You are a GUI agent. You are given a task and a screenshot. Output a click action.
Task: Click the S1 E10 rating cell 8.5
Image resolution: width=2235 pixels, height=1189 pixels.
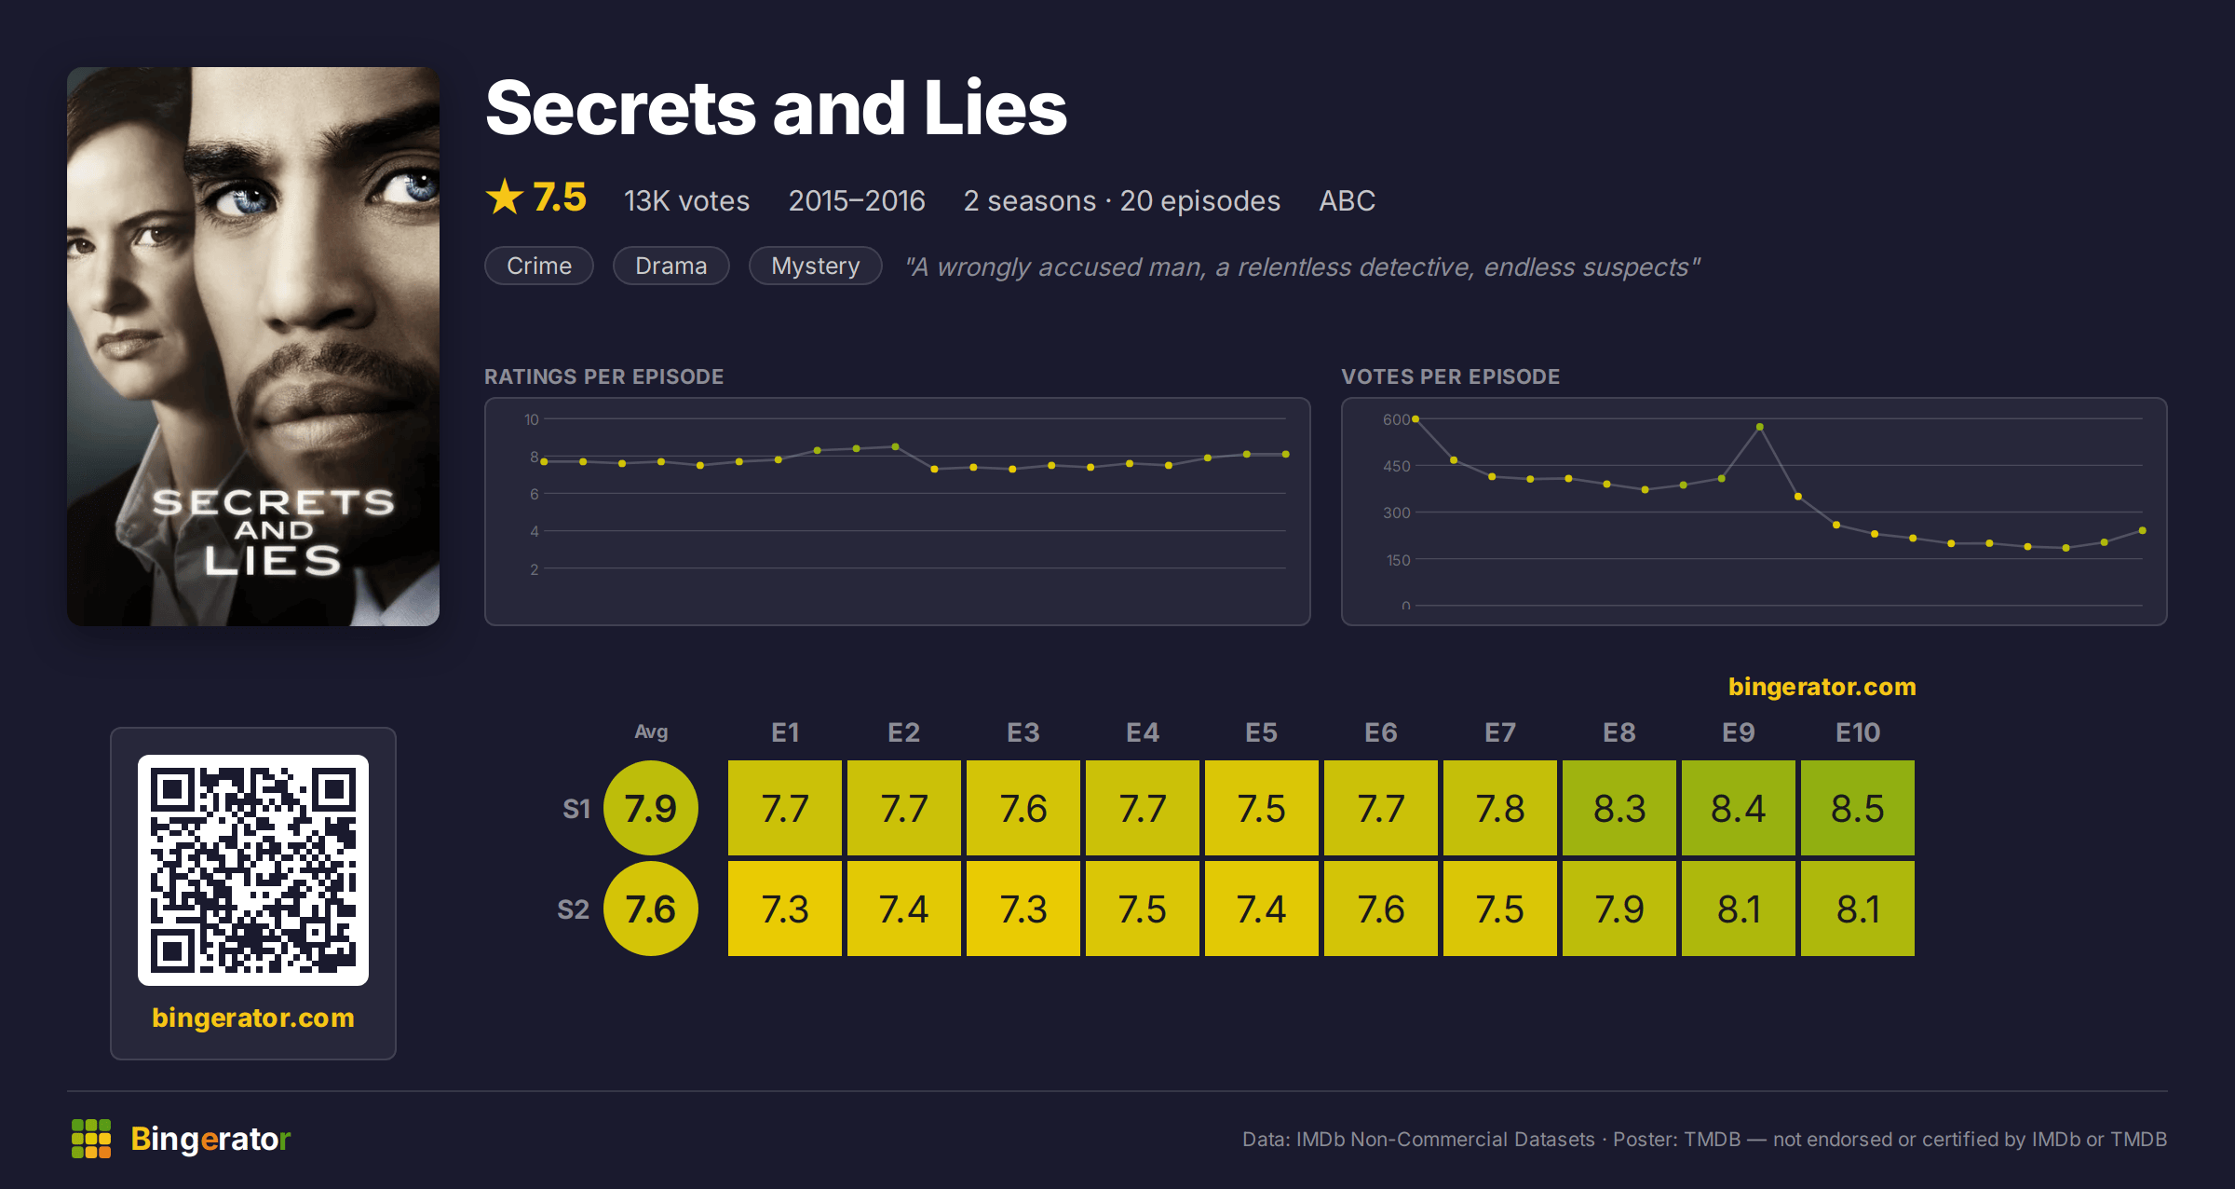click(1857, 808)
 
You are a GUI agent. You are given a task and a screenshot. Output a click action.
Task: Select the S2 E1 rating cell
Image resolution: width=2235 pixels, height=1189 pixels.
click(784, 909)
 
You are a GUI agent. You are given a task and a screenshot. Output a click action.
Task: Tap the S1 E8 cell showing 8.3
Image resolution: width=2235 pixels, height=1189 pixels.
click(1619, 808)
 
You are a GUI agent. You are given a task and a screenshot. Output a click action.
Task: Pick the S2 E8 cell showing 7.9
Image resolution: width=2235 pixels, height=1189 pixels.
click(1619, 909)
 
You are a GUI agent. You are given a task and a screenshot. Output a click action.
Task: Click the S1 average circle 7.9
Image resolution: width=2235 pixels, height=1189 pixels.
click(651, 808)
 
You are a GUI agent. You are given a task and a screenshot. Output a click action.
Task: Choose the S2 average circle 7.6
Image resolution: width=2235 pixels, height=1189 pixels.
click(651, 909)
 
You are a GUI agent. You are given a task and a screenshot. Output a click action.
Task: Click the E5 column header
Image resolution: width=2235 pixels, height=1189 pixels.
click(1261, 732)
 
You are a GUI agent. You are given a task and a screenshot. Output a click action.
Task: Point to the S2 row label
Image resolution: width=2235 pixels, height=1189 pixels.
click(573, 909)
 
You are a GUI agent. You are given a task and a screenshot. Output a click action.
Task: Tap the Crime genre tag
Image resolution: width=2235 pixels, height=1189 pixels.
click(539, 266)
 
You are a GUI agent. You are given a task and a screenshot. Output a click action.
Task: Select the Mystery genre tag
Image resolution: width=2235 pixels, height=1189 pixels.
click(815, 266)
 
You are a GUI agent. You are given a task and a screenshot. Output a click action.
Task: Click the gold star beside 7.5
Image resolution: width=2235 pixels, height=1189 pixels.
click(505, 197)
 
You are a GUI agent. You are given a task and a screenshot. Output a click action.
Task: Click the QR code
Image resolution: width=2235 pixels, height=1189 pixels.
click(253, 870)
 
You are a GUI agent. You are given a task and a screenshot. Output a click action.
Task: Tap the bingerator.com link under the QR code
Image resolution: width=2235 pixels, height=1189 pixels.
click(253, 1018)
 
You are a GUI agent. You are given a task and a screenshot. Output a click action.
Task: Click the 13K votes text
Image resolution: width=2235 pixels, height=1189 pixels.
click(686, 200)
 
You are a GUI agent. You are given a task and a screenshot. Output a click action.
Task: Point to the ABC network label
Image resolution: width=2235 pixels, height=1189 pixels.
click(1347, 200)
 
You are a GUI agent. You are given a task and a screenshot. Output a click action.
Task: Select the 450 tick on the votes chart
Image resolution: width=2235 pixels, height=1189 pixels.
click(1396, 466)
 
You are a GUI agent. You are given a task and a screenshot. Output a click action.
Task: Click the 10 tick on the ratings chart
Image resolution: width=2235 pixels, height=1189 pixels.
click(531, 419)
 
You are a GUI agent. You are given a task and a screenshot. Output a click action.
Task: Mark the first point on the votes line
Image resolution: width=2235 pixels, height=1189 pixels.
click(1415, 419)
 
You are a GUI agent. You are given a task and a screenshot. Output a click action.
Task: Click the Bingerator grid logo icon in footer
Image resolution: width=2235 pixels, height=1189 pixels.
click(91, 1139)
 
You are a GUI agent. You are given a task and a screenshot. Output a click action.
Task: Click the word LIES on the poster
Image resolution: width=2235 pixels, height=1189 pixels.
click(273, 560)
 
